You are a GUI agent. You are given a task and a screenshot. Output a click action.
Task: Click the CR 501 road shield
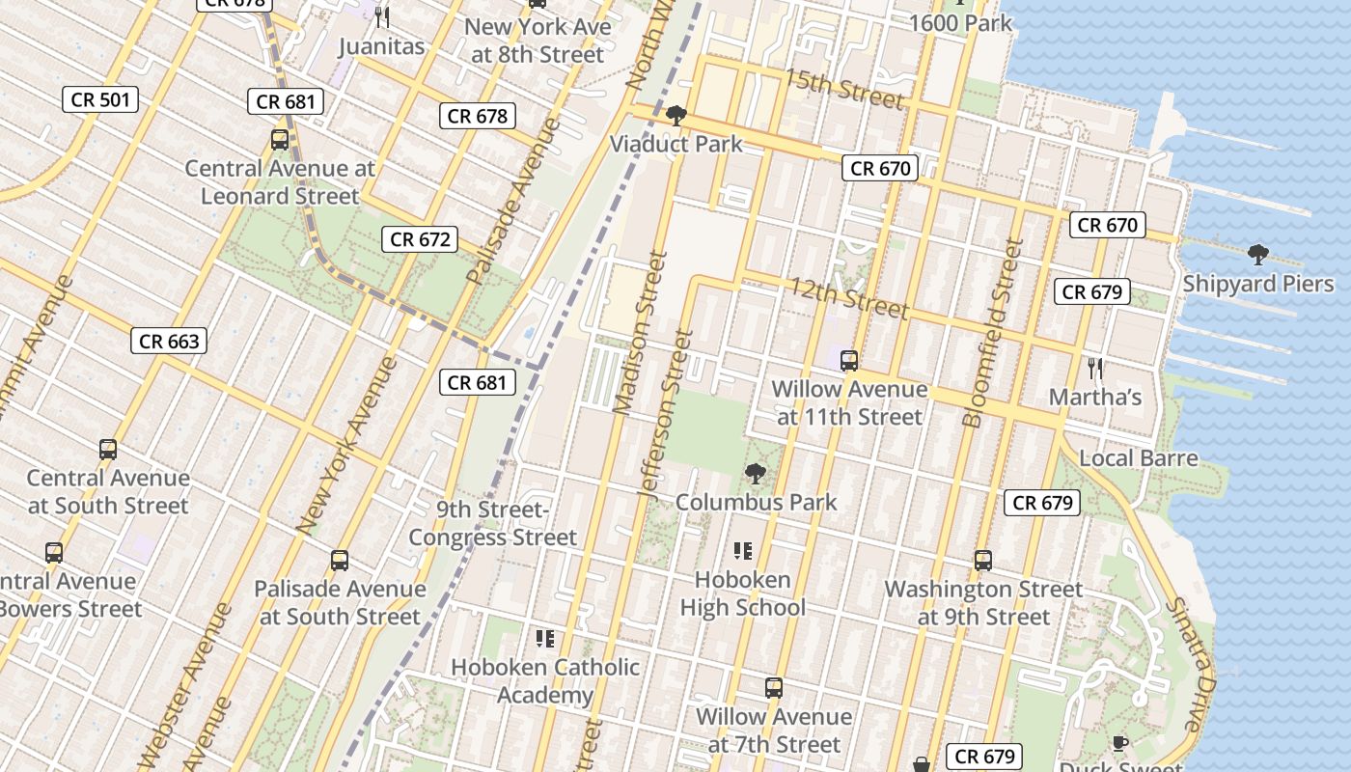coord(100,99)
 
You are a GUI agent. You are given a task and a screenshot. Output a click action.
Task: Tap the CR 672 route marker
coord(420,239)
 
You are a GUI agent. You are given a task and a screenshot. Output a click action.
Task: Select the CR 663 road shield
coord(169,341)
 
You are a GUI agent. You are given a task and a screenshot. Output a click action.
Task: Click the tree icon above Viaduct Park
coord(675,116)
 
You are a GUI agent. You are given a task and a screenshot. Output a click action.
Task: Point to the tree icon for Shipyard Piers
coord(1257,255)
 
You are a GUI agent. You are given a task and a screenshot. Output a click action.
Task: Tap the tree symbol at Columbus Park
coord(756,474)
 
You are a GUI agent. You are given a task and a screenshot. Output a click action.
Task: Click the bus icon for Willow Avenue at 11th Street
coord(849,361)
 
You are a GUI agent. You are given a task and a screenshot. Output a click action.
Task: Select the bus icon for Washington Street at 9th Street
coord(983,561)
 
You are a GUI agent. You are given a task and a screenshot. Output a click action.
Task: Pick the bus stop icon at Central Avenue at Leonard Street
coord(280,140)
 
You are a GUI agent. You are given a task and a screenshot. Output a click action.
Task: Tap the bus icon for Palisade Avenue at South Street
coord(340,561)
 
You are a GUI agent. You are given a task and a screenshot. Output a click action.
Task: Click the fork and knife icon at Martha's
coord(1095,368)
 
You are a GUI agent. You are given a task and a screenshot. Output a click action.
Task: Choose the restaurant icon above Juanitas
coord(382,16)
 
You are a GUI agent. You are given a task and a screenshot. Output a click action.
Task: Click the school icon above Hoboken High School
coord(742,551)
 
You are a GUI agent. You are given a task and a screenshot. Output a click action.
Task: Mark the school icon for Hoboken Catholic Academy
coord(545,638)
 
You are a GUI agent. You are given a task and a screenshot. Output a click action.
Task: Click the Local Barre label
coord(1139,458)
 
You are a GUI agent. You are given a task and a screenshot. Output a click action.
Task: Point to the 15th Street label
coord(843,88)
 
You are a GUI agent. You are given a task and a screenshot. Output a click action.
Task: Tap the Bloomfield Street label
coord(987,333)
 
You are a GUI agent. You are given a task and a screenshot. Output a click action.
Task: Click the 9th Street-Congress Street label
coord(493,523)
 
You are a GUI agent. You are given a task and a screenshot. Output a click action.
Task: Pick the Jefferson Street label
coord(666,415)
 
